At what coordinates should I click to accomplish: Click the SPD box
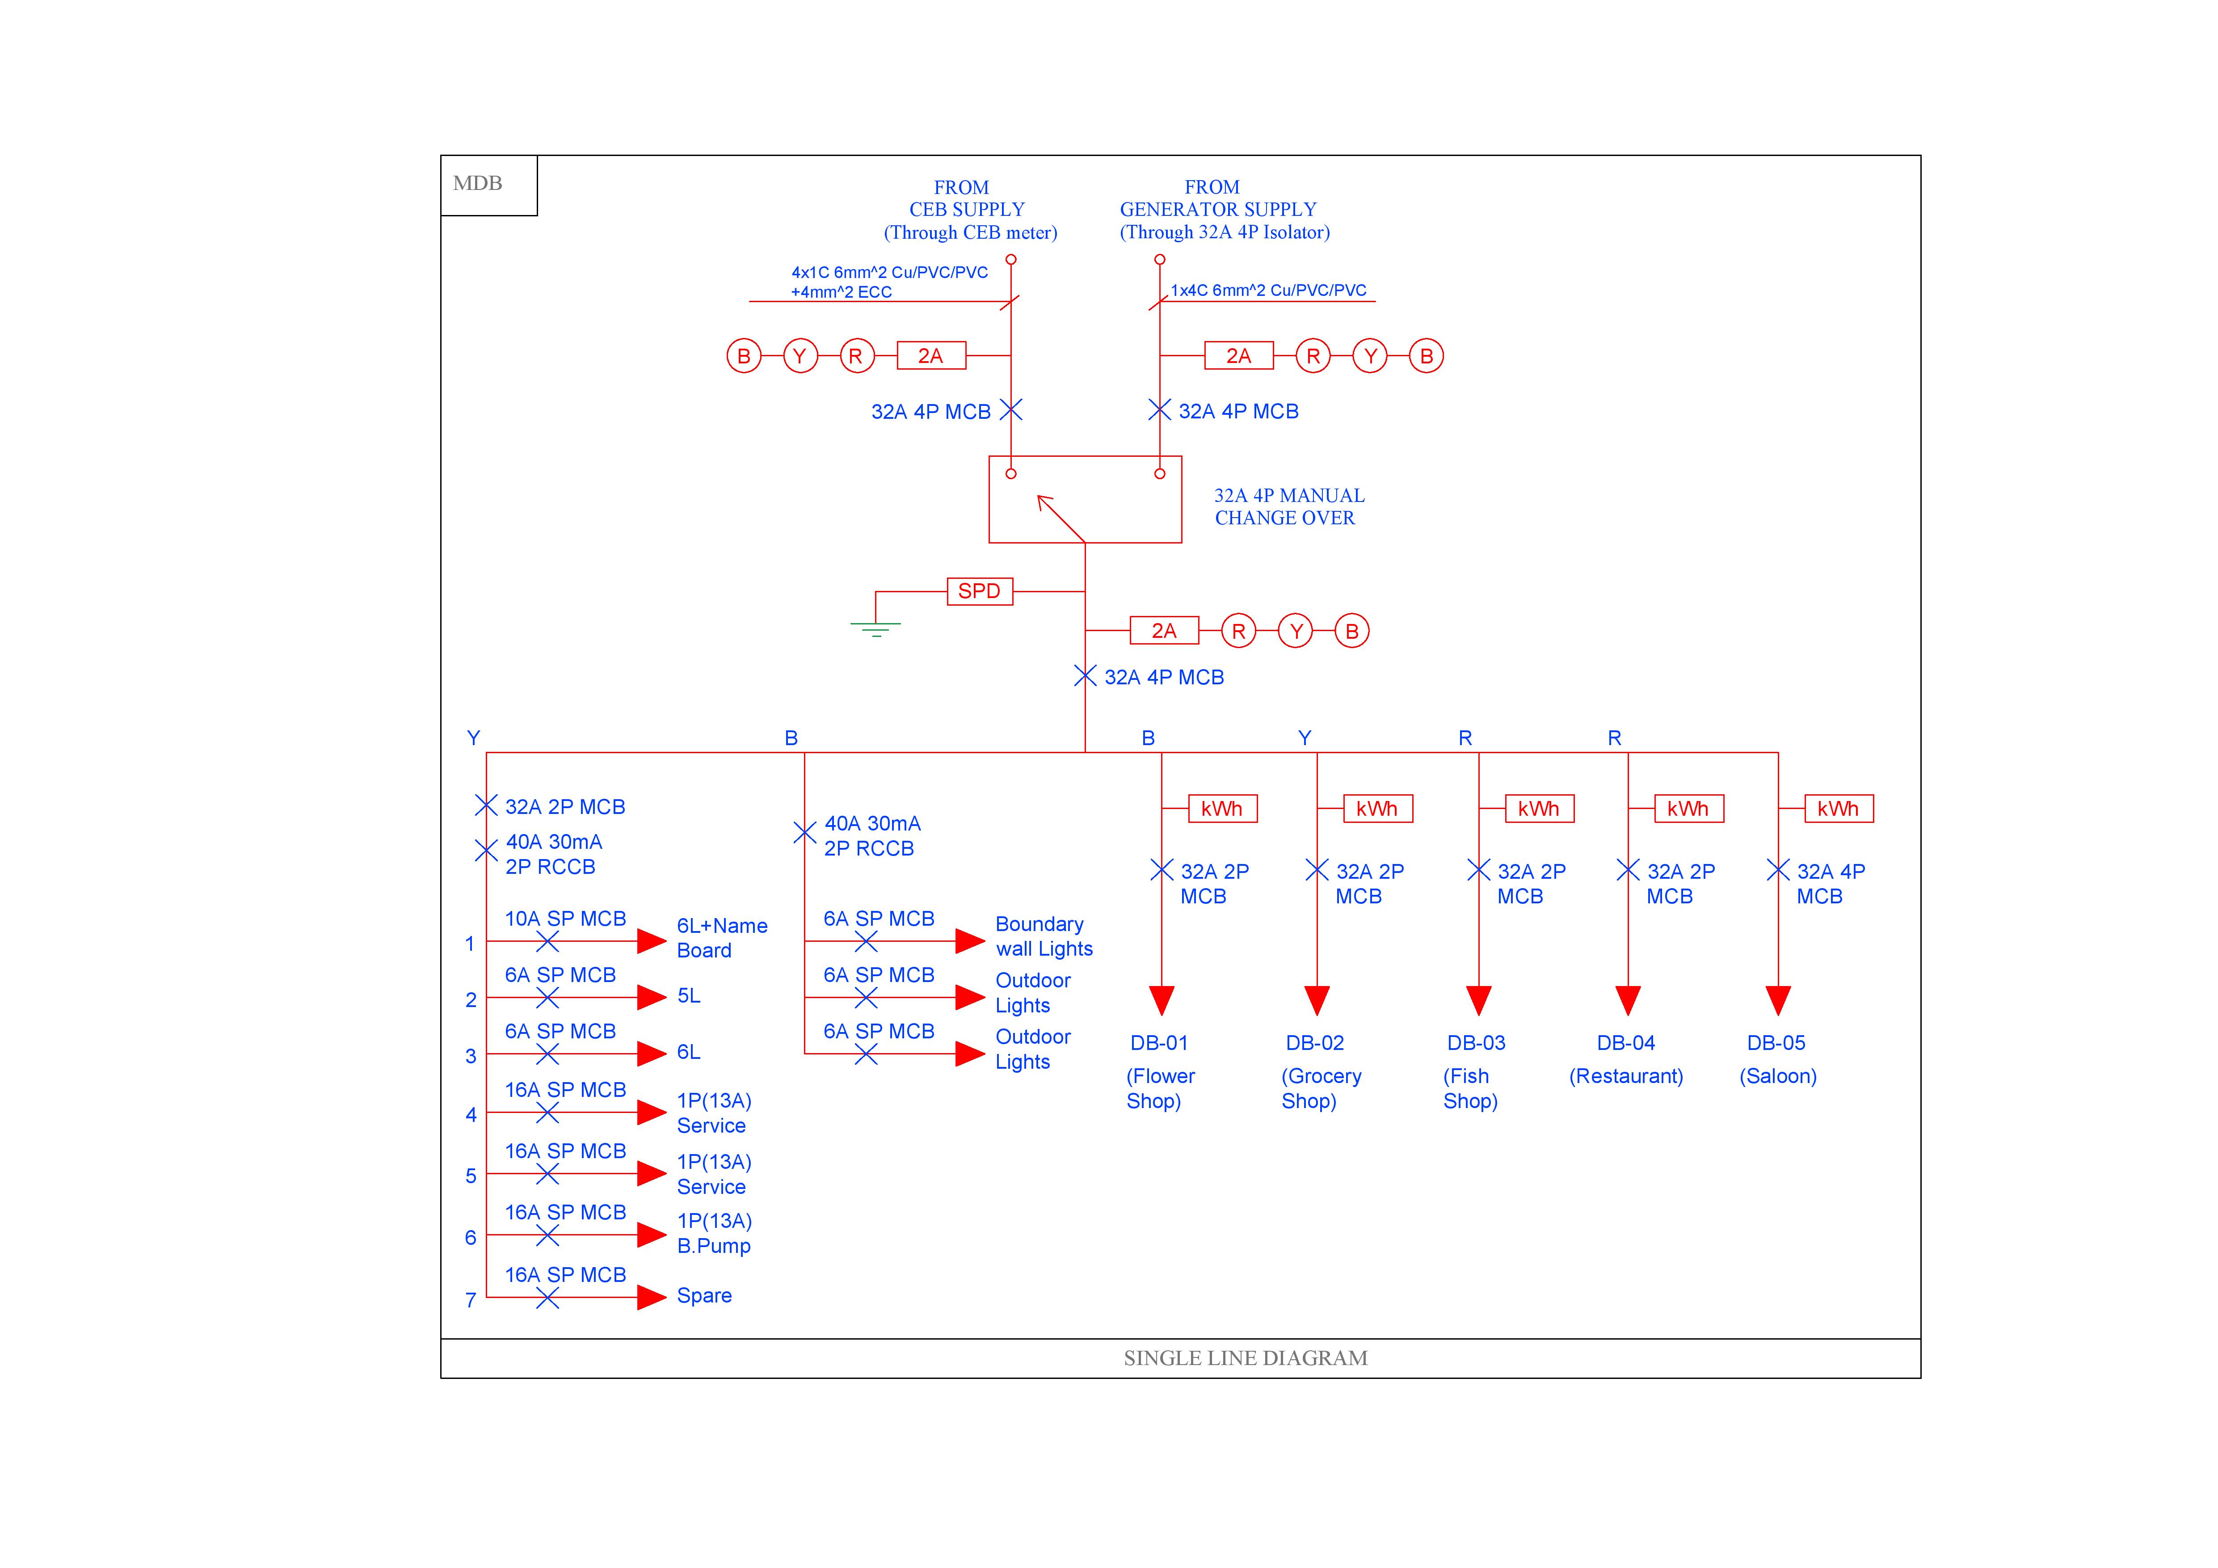coord(980,591)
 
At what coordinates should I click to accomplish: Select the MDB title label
coord(477,184)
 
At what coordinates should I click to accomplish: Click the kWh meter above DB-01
coord(1222,809)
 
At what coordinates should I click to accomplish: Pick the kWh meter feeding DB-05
coord(1838,809)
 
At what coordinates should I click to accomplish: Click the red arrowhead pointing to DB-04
coord(1628,1000)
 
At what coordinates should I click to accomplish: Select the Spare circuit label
coord(704,1295)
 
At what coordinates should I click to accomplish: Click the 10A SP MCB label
coord(565,919)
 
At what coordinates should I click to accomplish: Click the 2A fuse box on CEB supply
coord(930,355)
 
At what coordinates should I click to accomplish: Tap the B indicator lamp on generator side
coord(1426,355)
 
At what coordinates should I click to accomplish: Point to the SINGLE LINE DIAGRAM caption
coord(1245,1358)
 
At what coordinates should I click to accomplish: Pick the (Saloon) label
coord(1777,1076)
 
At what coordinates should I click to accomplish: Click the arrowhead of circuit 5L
coord(652,997)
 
